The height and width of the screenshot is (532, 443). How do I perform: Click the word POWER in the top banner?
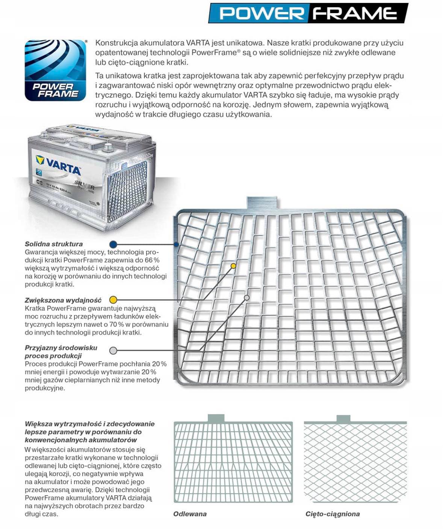click(262, 13)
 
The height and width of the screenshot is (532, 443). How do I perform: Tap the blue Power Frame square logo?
click(55, 70)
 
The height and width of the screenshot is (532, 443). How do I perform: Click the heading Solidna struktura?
click(54, 244)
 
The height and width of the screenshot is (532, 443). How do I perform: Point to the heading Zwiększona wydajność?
click(63, 300)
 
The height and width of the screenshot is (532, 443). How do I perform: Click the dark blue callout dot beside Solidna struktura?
click(113, 244)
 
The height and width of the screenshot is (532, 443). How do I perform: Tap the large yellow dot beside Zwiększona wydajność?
click(113, 300)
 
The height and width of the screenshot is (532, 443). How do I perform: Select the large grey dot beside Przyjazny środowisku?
click(113, 351)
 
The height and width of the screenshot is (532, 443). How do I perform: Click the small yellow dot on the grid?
click(233, 266)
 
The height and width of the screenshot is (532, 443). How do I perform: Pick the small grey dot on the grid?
click(246, 298)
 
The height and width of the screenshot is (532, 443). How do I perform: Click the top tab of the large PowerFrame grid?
click(262, 203)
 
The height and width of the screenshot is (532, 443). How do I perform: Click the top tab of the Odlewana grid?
click(216, 419)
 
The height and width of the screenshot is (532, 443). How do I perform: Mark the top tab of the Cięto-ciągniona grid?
click(343, 419)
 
